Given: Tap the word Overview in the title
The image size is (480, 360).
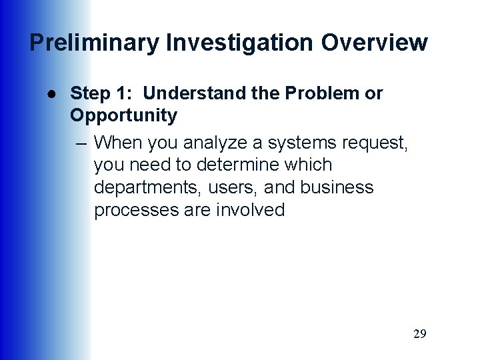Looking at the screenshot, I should point(375,43).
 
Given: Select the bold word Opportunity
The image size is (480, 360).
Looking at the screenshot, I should point(124,116).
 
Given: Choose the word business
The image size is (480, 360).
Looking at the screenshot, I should point(337,187).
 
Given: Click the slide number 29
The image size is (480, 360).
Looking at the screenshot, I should point(419,334).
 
